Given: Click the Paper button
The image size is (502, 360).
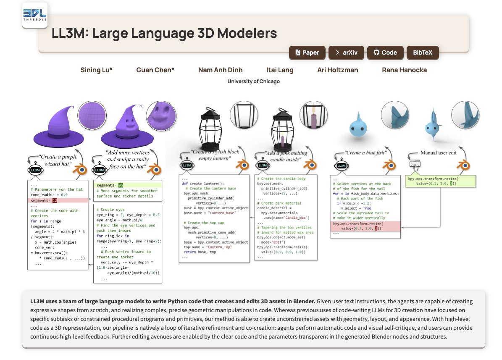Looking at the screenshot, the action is click(307, 53).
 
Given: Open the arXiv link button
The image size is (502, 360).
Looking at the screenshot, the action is click(346, 53).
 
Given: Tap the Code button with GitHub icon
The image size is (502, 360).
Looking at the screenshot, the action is click(385, 53).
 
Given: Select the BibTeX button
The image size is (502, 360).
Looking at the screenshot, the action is click(423, 53).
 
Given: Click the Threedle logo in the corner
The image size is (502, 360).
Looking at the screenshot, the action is click(35, 15).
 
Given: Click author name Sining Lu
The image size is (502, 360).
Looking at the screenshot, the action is click(96, 70).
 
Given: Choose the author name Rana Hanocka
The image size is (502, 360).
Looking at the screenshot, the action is click(404, 70).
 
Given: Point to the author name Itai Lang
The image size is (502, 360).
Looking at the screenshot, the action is click(279, 70).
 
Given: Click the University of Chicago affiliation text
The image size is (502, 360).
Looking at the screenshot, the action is click(254, 81).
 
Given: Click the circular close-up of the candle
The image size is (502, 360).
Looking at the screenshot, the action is click(314, 115).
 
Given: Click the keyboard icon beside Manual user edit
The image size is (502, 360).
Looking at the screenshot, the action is click(415, 164).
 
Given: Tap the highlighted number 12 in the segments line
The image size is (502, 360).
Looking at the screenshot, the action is click(55, 200).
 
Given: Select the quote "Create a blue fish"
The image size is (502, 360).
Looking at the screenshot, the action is click(365, 153).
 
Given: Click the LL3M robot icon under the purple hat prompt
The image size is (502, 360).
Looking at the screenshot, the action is click(35, 169).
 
